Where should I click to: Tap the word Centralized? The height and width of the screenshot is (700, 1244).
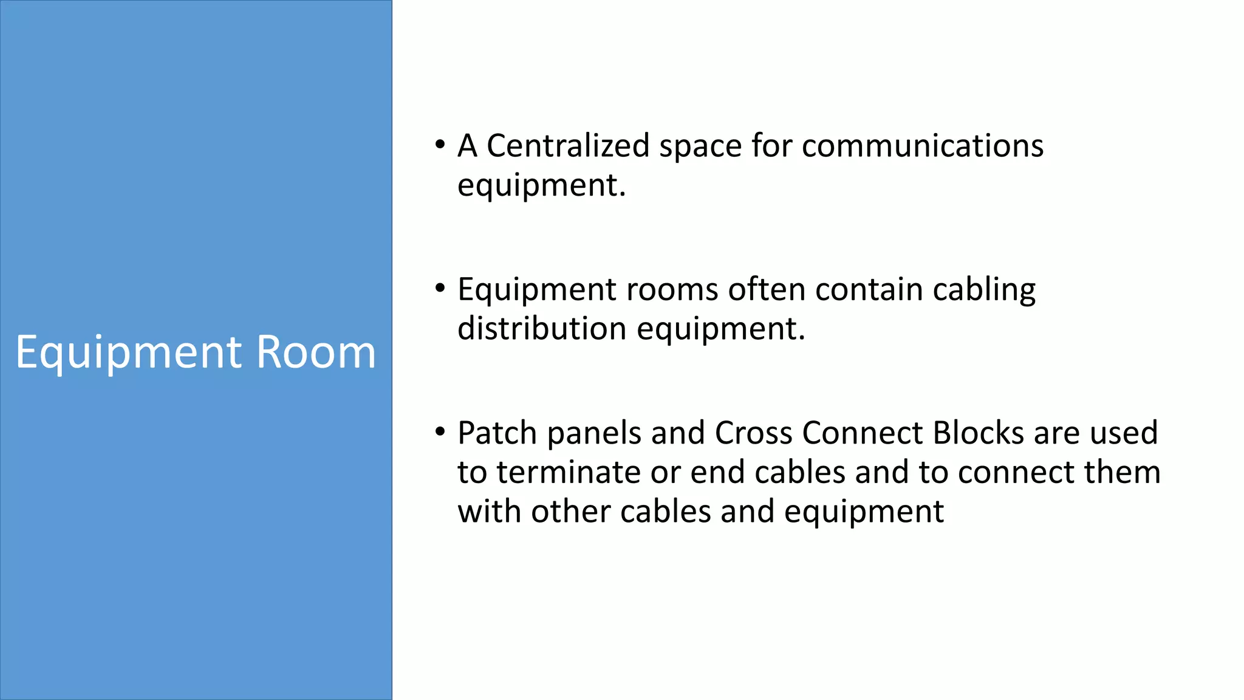[568, 146]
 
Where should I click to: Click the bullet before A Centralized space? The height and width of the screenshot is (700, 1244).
[440, 145]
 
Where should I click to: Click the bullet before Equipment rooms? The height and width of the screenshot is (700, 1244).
[440, 289]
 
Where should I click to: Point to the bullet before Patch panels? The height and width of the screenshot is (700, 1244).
[440, 433]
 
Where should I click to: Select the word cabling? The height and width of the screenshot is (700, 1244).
[984, 290]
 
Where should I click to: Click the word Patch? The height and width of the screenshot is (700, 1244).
[497, 433]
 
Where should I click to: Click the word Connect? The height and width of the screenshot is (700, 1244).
[863, 433]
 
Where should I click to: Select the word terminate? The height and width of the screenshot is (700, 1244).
[568, 473]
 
